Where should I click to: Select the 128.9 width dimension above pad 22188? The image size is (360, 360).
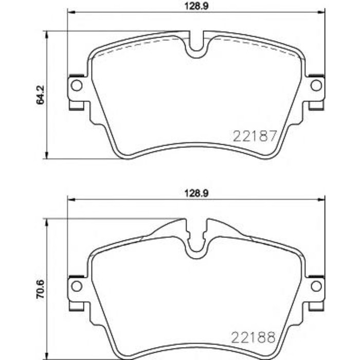(191, 193)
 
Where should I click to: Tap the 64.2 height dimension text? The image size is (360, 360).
(39, 95)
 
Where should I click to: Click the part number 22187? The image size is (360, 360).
(255, 136)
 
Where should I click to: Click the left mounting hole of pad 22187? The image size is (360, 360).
(76, 85)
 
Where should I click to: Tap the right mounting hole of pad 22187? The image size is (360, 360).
(316, 85)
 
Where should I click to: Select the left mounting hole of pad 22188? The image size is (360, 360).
(76, 285)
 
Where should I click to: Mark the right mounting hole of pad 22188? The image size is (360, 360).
(316, 285)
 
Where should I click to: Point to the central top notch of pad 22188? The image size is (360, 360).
(196, 246)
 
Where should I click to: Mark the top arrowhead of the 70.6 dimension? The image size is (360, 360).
(47, 222)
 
